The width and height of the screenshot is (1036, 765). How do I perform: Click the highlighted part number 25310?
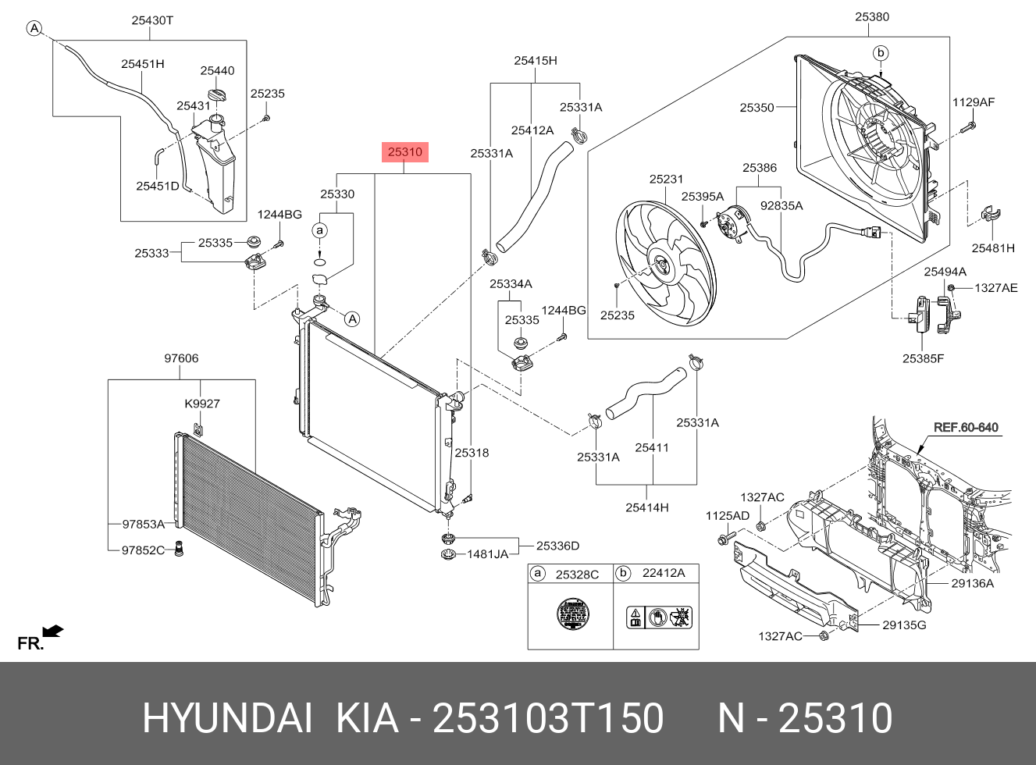(405, 152)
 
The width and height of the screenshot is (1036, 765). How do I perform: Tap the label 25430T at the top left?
(152, 21)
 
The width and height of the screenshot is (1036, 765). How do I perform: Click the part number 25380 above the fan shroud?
(871, 16)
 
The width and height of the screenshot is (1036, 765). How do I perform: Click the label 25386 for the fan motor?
(760, 168)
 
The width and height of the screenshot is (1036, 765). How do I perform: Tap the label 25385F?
(923, 359)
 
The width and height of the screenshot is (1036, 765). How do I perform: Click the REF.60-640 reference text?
(966, 428)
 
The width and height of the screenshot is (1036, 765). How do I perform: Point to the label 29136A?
(972, 583)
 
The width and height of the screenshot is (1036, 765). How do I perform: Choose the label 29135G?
(904, 625)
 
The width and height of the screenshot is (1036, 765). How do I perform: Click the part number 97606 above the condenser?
(181, 358)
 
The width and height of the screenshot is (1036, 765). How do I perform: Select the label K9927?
(202, 404)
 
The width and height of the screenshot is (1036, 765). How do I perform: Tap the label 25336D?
(557, 546)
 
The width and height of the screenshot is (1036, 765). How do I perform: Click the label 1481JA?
(488, 554)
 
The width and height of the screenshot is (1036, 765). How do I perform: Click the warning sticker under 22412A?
(660, 617)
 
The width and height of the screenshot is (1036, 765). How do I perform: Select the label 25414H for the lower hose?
(647, 507)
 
